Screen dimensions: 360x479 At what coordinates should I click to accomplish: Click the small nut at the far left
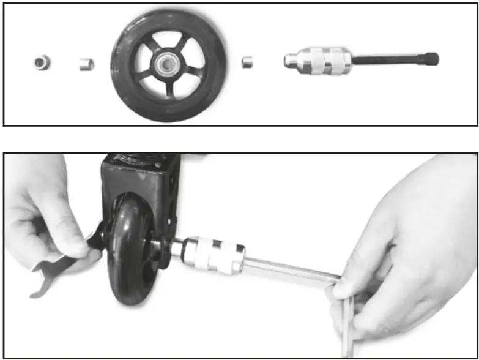tap(42, 62)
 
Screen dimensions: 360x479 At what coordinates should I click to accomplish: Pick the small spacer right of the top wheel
tap(248, 62)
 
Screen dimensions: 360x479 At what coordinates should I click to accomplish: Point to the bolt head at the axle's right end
tap(431, 59)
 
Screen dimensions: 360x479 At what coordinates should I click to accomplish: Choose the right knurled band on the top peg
tap(338, 61)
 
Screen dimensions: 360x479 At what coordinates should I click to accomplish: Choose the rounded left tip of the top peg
tap(288, 61)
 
